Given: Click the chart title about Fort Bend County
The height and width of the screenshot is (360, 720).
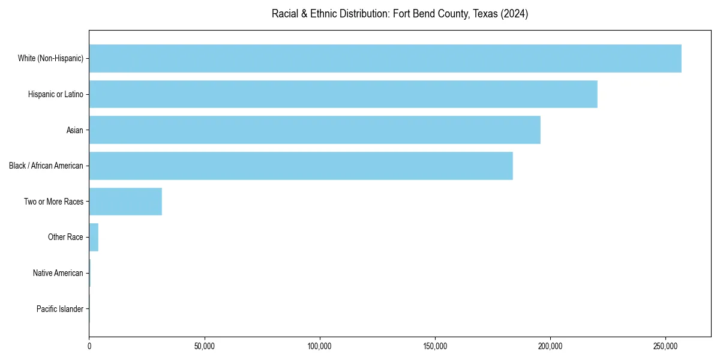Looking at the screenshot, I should coord(400,14).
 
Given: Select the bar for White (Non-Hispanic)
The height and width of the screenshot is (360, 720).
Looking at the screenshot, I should coord(385,58).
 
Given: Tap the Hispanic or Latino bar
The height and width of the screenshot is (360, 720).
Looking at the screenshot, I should coord(343,94).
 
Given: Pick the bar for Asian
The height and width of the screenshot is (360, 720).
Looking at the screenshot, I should coord(314,130).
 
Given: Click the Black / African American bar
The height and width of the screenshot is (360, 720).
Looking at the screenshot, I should coord(301,166).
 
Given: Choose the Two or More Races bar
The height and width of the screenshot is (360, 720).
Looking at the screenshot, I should coord(125,202).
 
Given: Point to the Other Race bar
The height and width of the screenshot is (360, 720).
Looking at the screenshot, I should coord(94,237).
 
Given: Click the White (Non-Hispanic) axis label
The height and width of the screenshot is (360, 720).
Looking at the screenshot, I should coord(50,58).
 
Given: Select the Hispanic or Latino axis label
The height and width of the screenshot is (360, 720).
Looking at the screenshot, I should coord(55,94).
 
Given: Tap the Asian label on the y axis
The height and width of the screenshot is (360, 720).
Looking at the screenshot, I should coord(74,130).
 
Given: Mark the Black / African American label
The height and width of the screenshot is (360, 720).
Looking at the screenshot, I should coord(46,166).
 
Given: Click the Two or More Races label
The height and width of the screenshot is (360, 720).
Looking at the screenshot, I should coord(53,202).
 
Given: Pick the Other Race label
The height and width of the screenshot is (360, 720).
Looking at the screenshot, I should coord(65,238).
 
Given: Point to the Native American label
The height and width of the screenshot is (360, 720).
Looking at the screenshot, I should coord(58,273).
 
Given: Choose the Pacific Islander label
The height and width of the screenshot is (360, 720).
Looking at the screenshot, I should coord(59,309).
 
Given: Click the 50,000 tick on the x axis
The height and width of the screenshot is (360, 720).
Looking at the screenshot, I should coord(205,347).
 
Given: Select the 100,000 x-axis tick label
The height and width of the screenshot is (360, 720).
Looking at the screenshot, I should coord(320,347).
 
